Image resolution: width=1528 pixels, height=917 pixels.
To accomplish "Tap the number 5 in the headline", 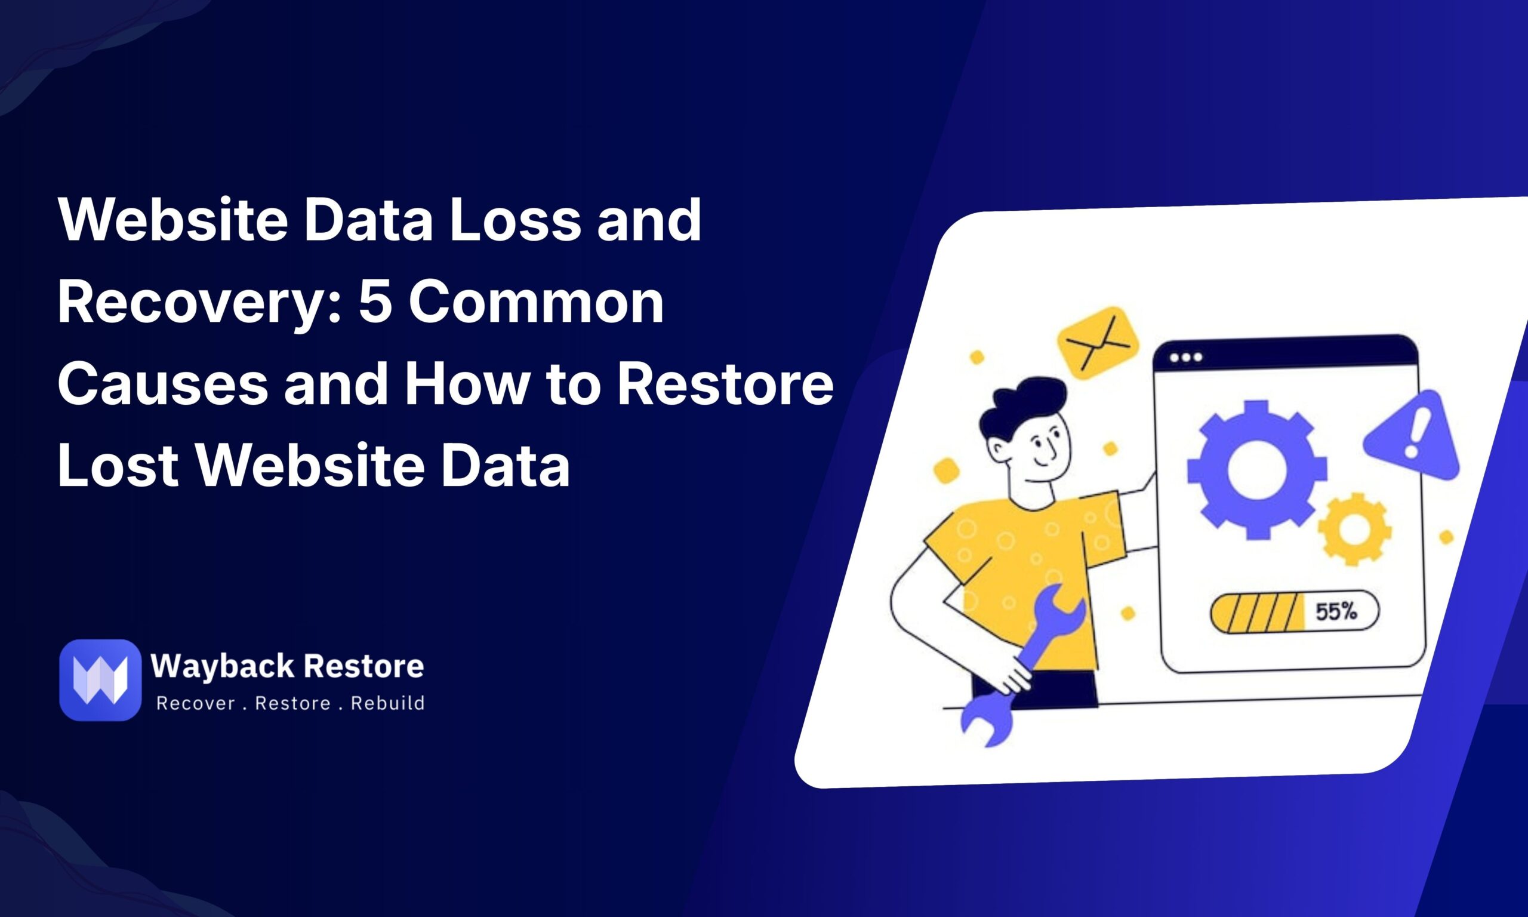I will (x=376, y=301).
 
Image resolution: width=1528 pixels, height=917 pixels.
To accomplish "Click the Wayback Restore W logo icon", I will (x=100, y=680).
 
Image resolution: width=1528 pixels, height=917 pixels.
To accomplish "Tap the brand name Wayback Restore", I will (x=287, y=666).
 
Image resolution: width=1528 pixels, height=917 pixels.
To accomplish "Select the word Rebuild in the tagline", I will (x=387, y=703).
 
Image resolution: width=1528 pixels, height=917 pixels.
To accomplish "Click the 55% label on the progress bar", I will (x=1336, y=612).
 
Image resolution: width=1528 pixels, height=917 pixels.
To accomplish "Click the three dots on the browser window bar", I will (x=1186, y=357).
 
